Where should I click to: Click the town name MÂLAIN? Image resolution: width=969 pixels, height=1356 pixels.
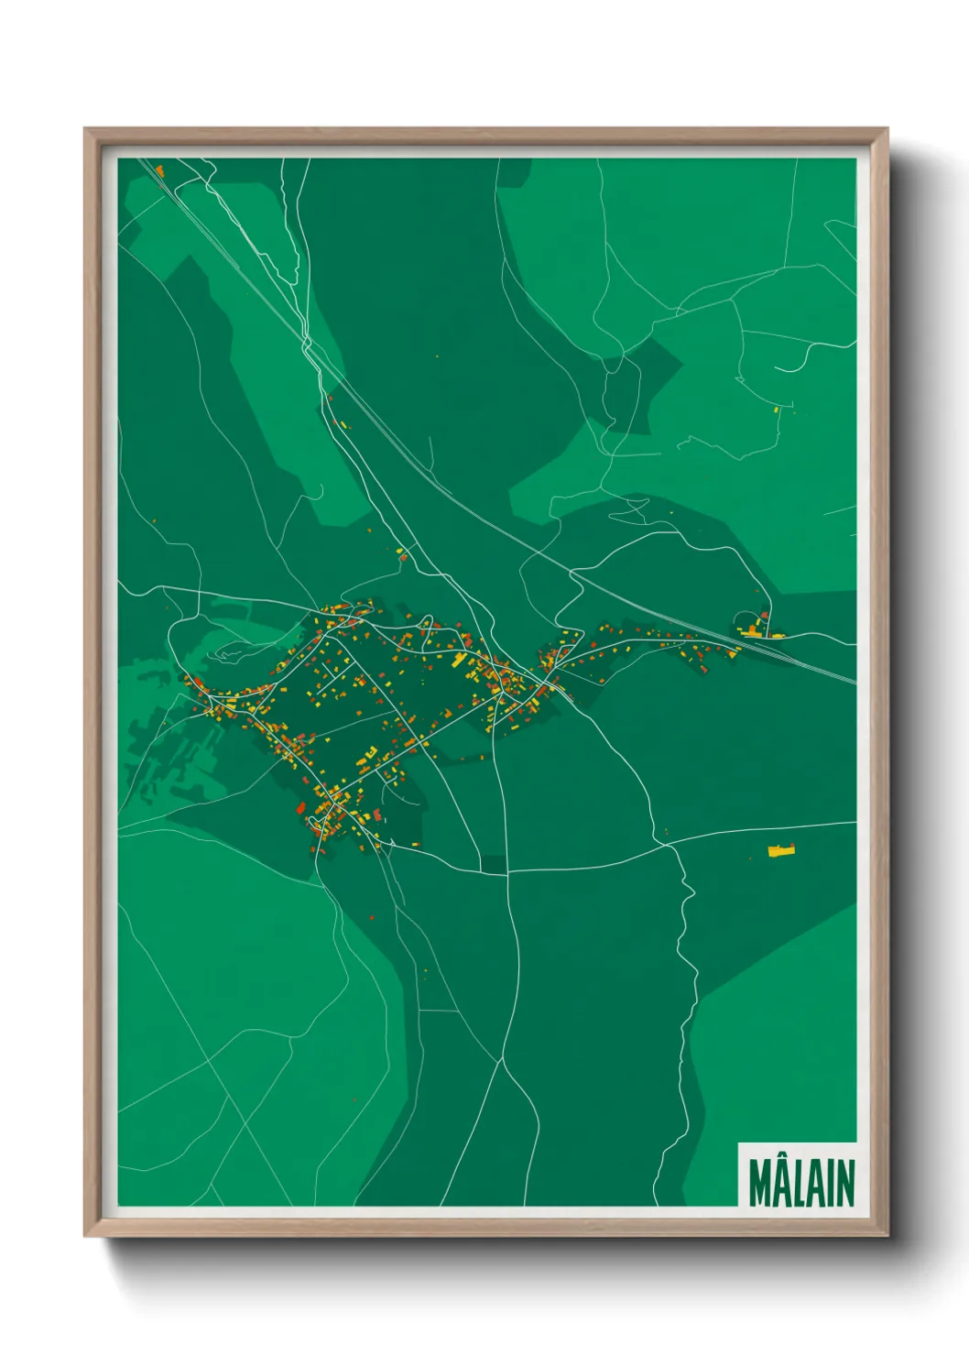(x=800, y=1183)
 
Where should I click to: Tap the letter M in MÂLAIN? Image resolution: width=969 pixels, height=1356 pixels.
(x=759, y=1184)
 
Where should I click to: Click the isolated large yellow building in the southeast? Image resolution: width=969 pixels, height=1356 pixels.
(x=781, y=851)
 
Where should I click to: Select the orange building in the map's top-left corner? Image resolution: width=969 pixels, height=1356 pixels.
(x=159, y=170)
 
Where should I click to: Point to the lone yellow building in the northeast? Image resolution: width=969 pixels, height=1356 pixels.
(x=778, y=410)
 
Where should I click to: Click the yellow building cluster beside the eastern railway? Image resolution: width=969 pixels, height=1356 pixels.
(x=754, y=630)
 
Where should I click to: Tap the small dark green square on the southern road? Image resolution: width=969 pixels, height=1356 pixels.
(x=493, y=864)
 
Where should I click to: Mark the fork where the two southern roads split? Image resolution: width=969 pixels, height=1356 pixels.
(x=502, y=1060)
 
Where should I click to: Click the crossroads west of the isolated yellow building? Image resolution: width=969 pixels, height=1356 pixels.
(x=673, y=846)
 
